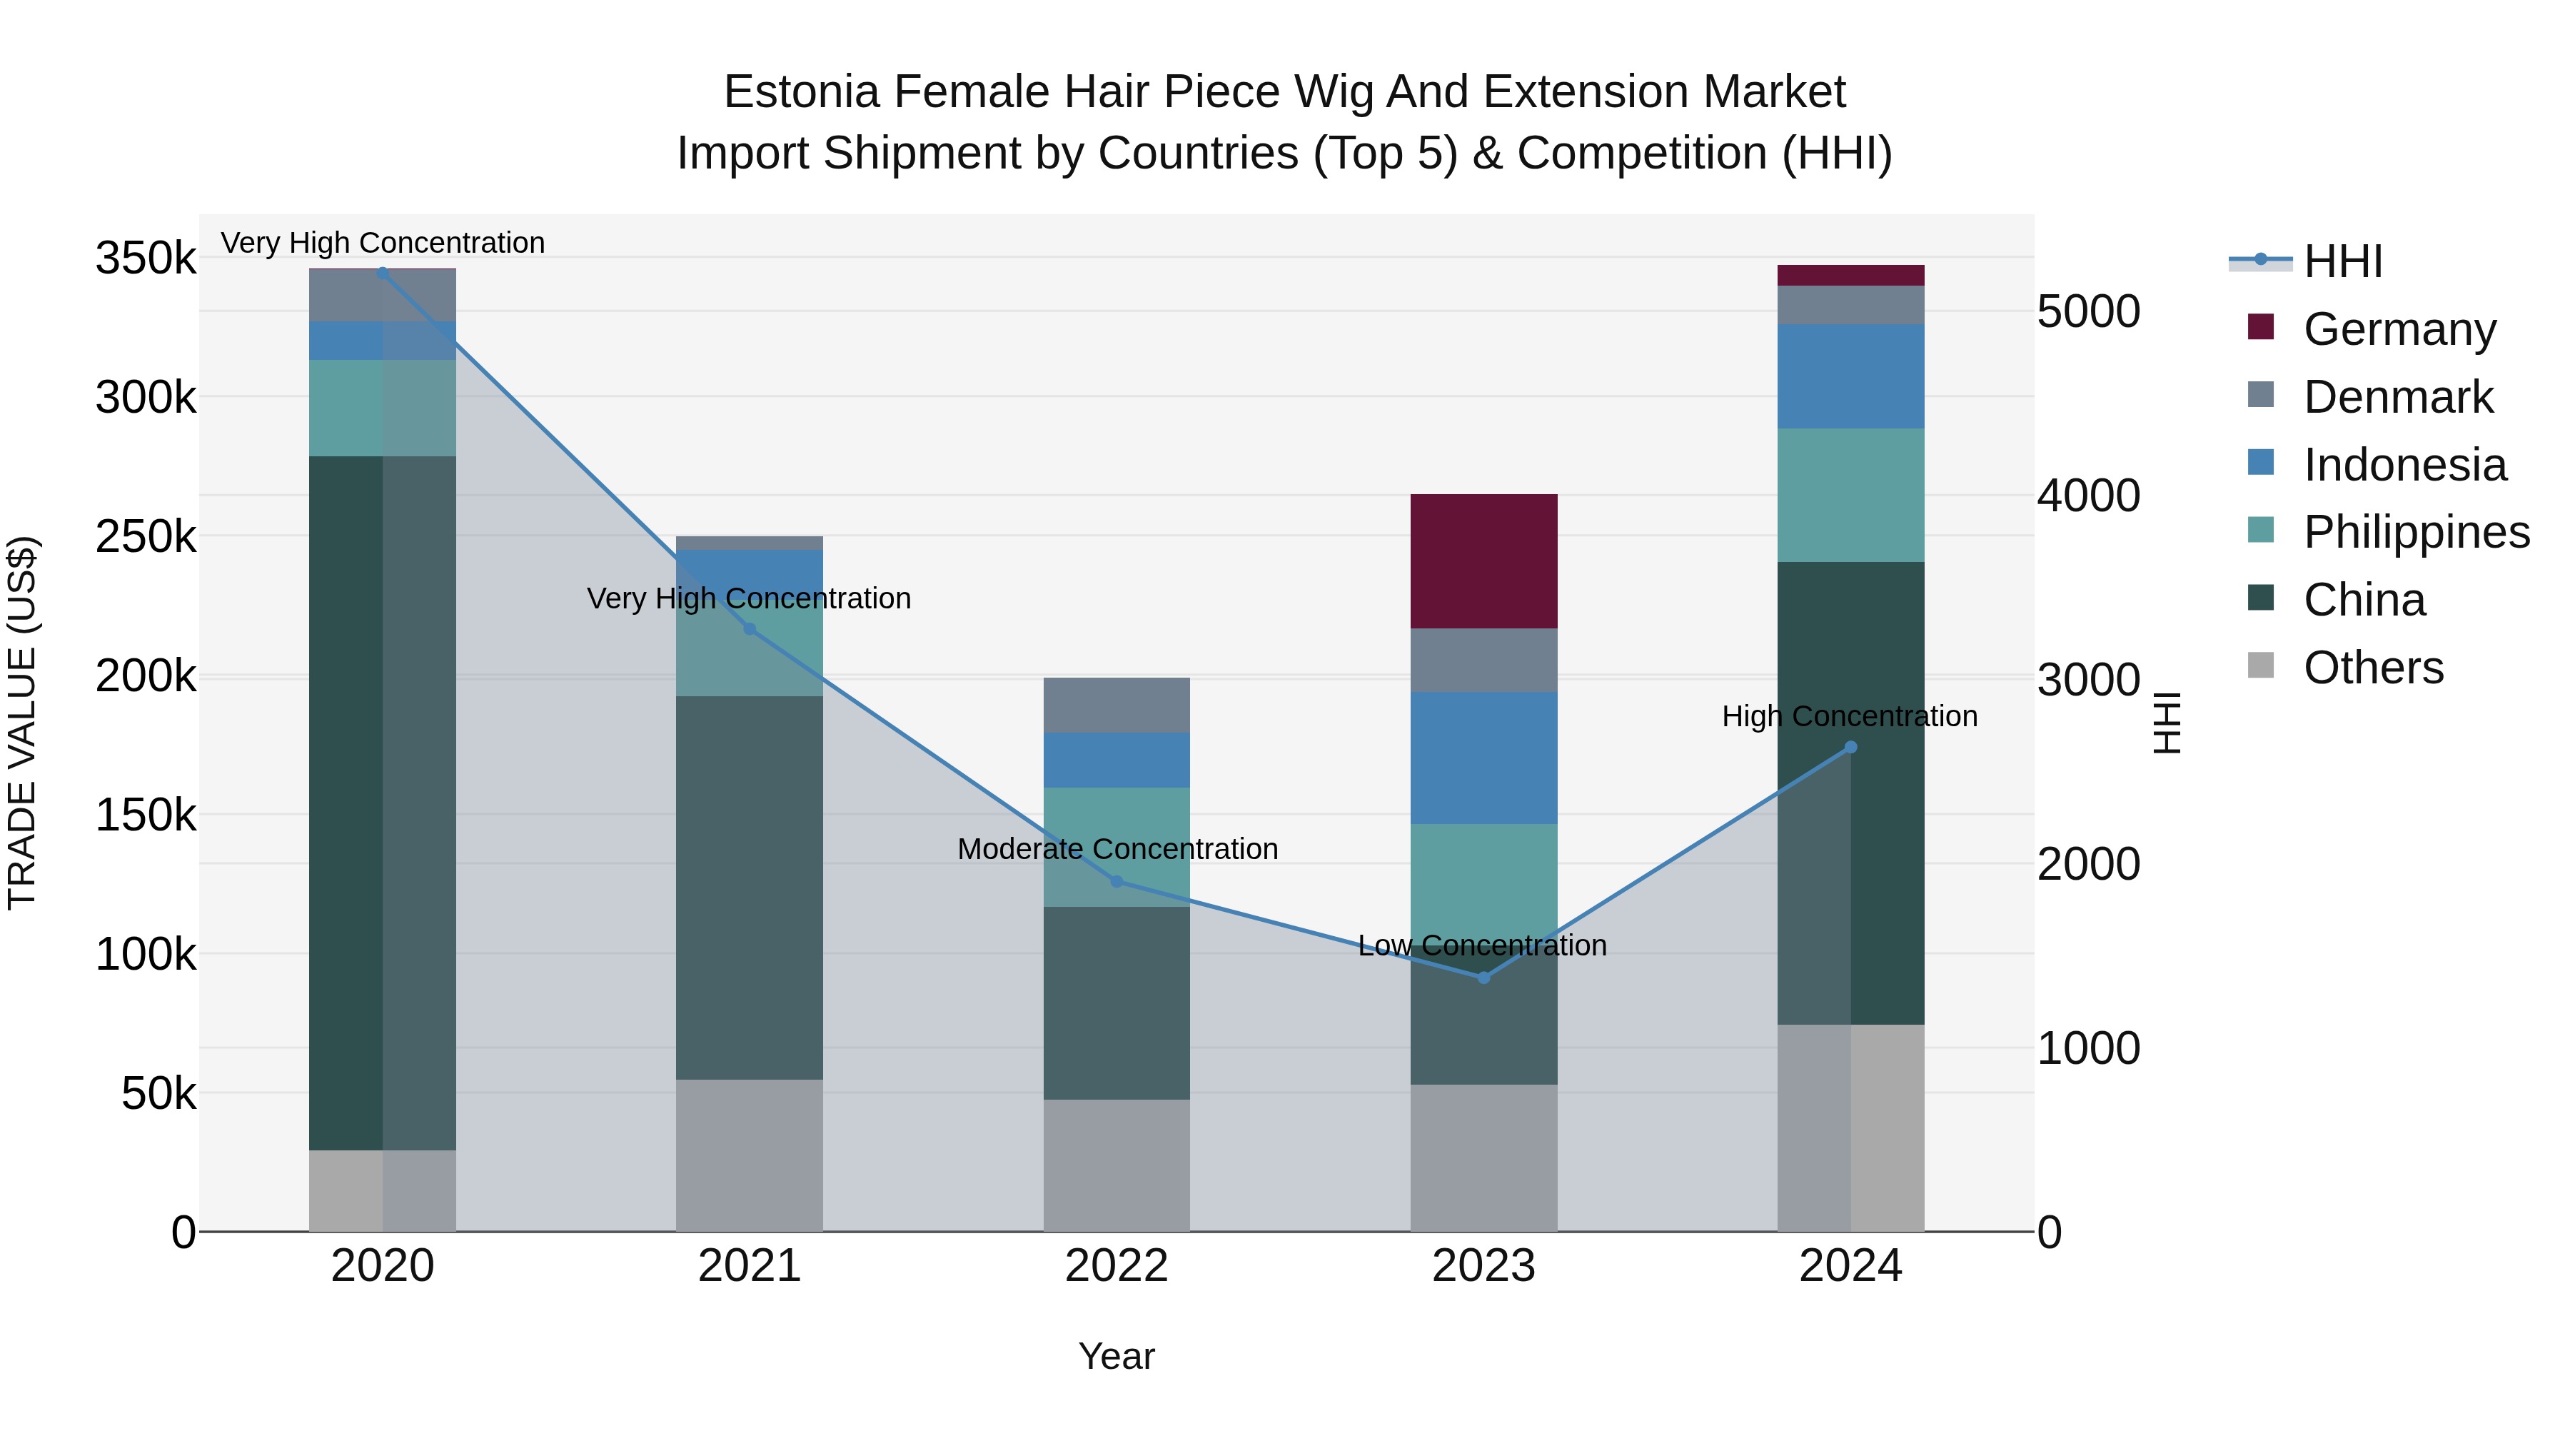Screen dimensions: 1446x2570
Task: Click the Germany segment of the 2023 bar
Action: (x=1483, y=561)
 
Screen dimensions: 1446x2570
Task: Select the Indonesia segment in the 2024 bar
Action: (x=1850, y=376)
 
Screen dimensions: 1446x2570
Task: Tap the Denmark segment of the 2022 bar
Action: (x=1117, y=705)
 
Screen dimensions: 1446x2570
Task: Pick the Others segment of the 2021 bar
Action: (x=750, y=1155)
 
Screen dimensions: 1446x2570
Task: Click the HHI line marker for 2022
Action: (x=1117, y=881)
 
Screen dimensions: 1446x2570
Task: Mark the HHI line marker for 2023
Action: (x=1483, y=978)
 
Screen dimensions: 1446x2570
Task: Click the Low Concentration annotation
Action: (x=1483, y=945)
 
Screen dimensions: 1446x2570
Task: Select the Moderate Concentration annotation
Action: (x=1117, y=849)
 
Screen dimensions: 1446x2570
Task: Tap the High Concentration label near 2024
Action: (x=1850, y=716)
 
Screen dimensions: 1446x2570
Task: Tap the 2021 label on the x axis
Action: (x=750, y=1266)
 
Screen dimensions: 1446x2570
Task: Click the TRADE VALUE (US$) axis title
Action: (x=22, y=723)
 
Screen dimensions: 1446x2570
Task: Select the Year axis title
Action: (x=1117, y=1356)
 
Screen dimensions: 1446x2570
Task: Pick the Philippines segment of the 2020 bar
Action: (x=382, y=408)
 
